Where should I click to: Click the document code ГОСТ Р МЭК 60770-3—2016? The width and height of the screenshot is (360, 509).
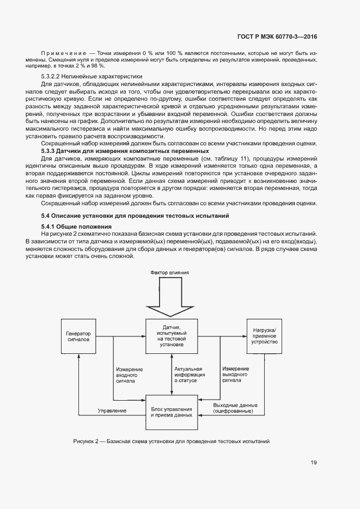coord(277,36)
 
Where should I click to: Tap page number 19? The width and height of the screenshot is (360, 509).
coord(314,463)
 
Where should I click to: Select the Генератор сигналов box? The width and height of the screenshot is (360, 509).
coord(80,336)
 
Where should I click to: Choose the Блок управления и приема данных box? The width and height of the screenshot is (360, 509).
coord(172,410)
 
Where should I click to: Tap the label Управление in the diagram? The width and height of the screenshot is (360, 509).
coord(112,409)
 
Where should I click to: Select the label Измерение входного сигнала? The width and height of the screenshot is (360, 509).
coord(128,375)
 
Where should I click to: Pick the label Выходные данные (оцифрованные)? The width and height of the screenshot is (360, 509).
coord(233,408)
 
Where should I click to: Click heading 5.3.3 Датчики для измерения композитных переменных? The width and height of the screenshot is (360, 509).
coord(125,150)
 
